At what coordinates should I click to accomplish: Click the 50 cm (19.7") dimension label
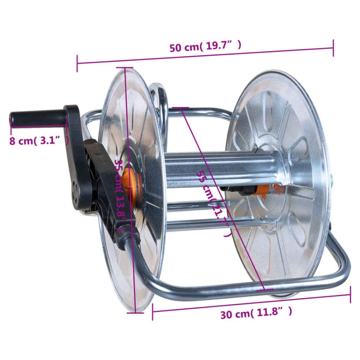tap(205, 47)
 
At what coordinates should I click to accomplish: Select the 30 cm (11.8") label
tap(256, 314)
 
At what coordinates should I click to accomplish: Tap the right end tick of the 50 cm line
tap(333, 48)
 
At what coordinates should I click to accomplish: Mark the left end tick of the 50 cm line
tap(77, 63)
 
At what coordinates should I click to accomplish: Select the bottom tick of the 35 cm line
tap(135, 313)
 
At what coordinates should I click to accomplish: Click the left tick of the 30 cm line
tap(152, 312)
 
